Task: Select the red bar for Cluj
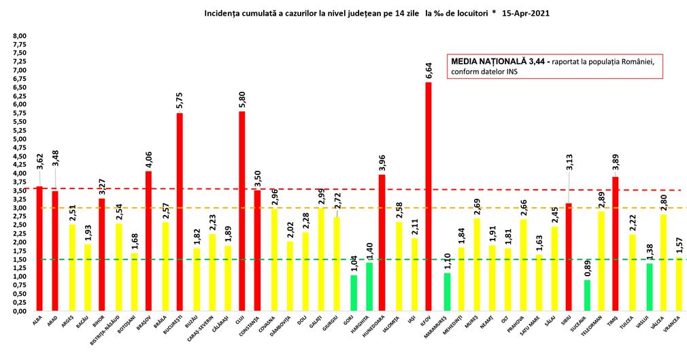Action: point(241,211)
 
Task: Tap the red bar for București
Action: point(180,212)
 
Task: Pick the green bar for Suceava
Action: point(587,295)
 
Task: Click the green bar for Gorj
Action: point(354,293)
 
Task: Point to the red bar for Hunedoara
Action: point(382,242)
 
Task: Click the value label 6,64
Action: point(429,70)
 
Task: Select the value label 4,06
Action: point(149,159)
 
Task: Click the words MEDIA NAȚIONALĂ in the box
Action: point(484,62)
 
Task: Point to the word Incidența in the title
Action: point(222,13)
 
